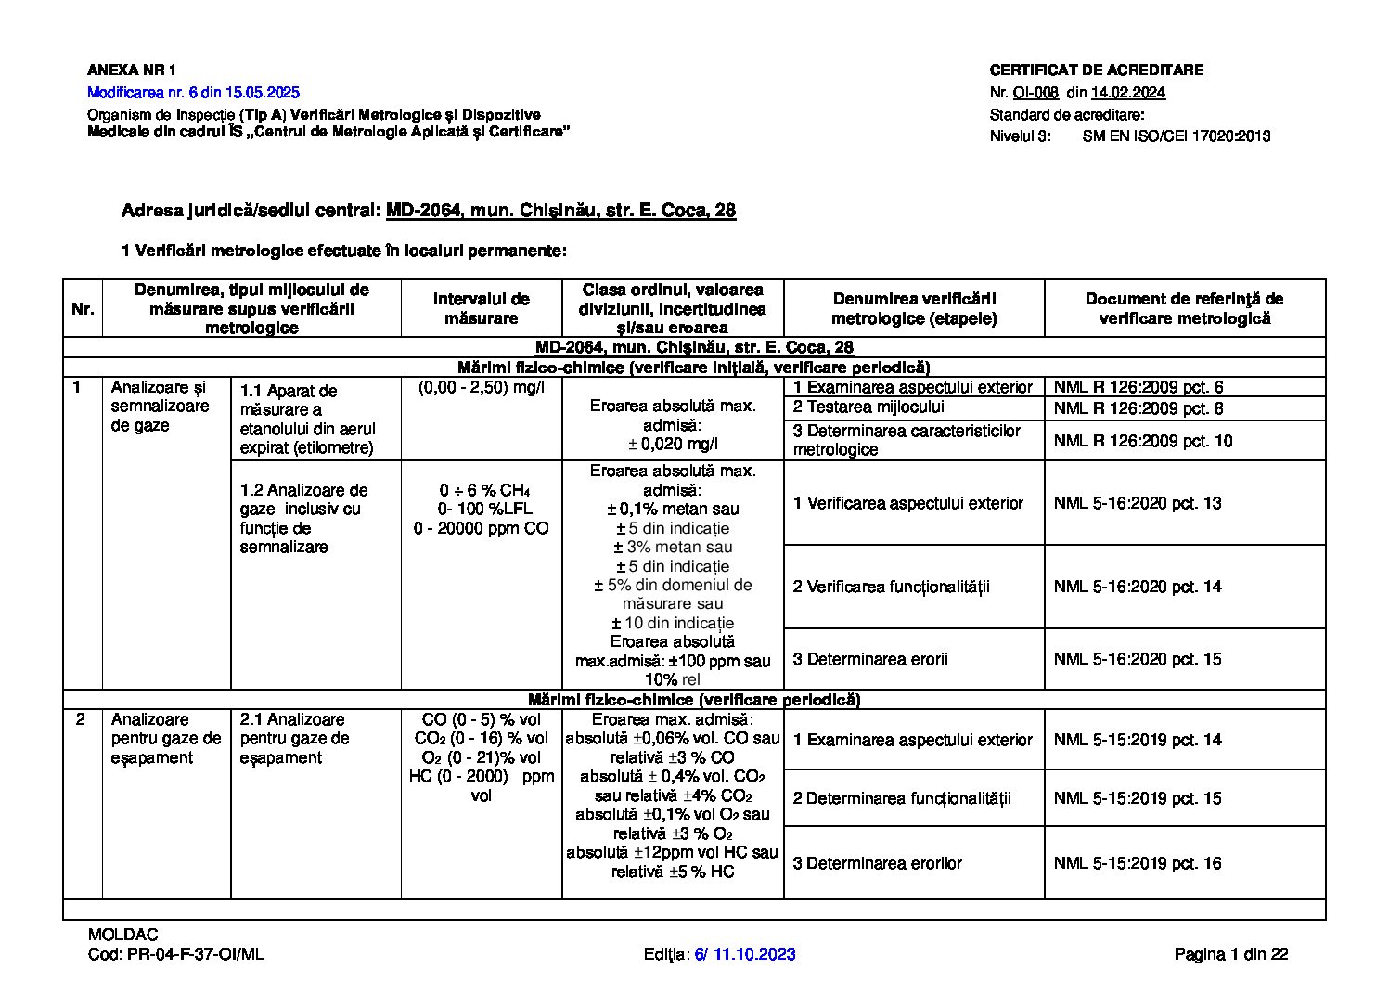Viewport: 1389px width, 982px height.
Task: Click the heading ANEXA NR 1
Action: (x=131, y=70)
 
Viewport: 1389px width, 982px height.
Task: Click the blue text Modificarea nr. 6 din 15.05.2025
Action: (x=193, y=93)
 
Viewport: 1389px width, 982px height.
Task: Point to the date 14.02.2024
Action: (x=1127, y=93)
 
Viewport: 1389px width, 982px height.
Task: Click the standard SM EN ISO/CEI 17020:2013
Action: (x=1176, y=136)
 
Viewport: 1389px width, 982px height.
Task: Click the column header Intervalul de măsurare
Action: (x=481, y=308)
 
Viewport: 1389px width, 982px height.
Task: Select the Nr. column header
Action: (x=83, y=309)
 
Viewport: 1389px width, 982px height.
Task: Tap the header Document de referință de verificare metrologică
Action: (x=1184, y=308)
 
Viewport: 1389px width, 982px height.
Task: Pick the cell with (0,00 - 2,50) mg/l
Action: (x=481, y=387)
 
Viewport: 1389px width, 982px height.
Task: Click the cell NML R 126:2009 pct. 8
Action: (x=1138, y=408)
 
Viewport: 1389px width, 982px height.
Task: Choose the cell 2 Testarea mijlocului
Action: (x=868, y=407)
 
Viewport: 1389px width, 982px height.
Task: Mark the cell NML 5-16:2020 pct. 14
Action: (x=1137, y=587)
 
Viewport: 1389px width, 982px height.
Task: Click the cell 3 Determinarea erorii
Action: (x=870, y=659)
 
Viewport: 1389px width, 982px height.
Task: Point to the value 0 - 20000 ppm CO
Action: (x=481, y=528)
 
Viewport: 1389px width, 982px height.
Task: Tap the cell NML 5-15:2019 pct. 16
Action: (x=1137, y=863)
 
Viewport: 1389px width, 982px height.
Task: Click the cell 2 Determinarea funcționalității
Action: (x=901, y=798)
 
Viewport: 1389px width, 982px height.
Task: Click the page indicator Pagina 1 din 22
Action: (x=1230, y=954)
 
